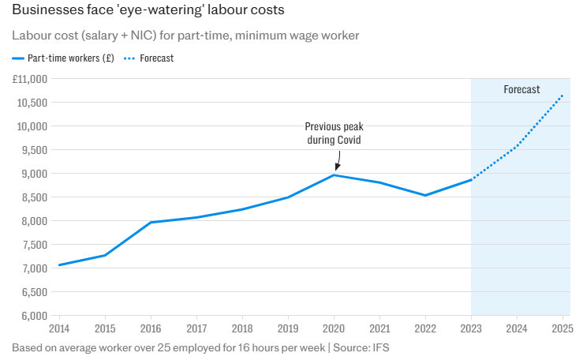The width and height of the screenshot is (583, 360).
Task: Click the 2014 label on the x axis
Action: tap(59, 328)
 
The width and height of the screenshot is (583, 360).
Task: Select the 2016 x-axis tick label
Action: tap(151, 328)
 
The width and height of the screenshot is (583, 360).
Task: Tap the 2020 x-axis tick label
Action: tap(334, 328)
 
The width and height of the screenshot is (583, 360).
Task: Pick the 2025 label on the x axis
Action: tap(562, 328)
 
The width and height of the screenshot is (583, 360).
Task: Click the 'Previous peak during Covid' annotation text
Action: tap(334, 133)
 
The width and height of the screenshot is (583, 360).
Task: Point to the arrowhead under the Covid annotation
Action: tap(336, 167)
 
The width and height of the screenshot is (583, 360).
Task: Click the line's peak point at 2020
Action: tap(334, 174)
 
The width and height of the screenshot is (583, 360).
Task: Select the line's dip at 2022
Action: tap(425, 195)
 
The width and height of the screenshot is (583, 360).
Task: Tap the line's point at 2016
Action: tap(151, 223)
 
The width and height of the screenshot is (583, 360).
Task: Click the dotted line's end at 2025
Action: tap(562, 96)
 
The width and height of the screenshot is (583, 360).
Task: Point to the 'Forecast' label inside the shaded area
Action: tap(521, 90)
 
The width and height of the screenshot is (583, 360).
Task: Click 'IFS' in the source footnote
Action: tap(381, 347)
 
